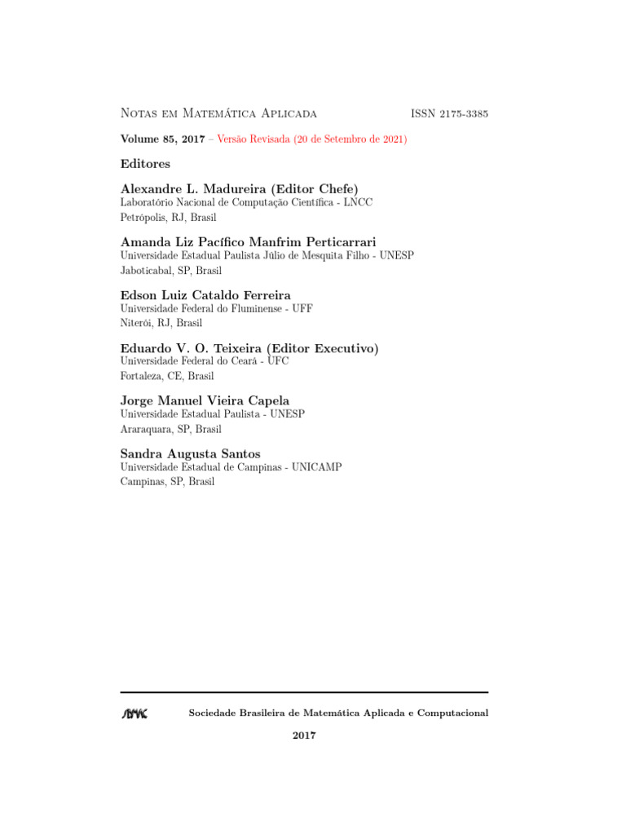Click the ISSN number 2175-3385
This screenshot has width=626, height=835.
point(464,113)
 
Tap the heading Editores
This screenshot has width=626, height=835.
point(145,164)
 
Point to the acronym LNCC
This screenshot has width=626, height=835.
point(358,202)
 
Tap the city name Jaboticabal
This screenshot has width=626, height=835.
point(144,271)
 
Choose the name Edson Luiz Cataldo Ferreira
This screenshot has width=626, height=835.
point(205,295)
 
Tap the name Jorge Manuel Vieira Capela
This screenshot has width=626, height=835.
point(205,400)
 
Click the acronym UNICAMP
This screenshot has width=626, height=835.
point(316,467)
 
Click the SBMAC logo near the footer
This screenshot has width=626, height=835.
point(134,714)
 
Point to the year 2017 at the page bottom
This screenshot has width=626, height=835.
point(304,736)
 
